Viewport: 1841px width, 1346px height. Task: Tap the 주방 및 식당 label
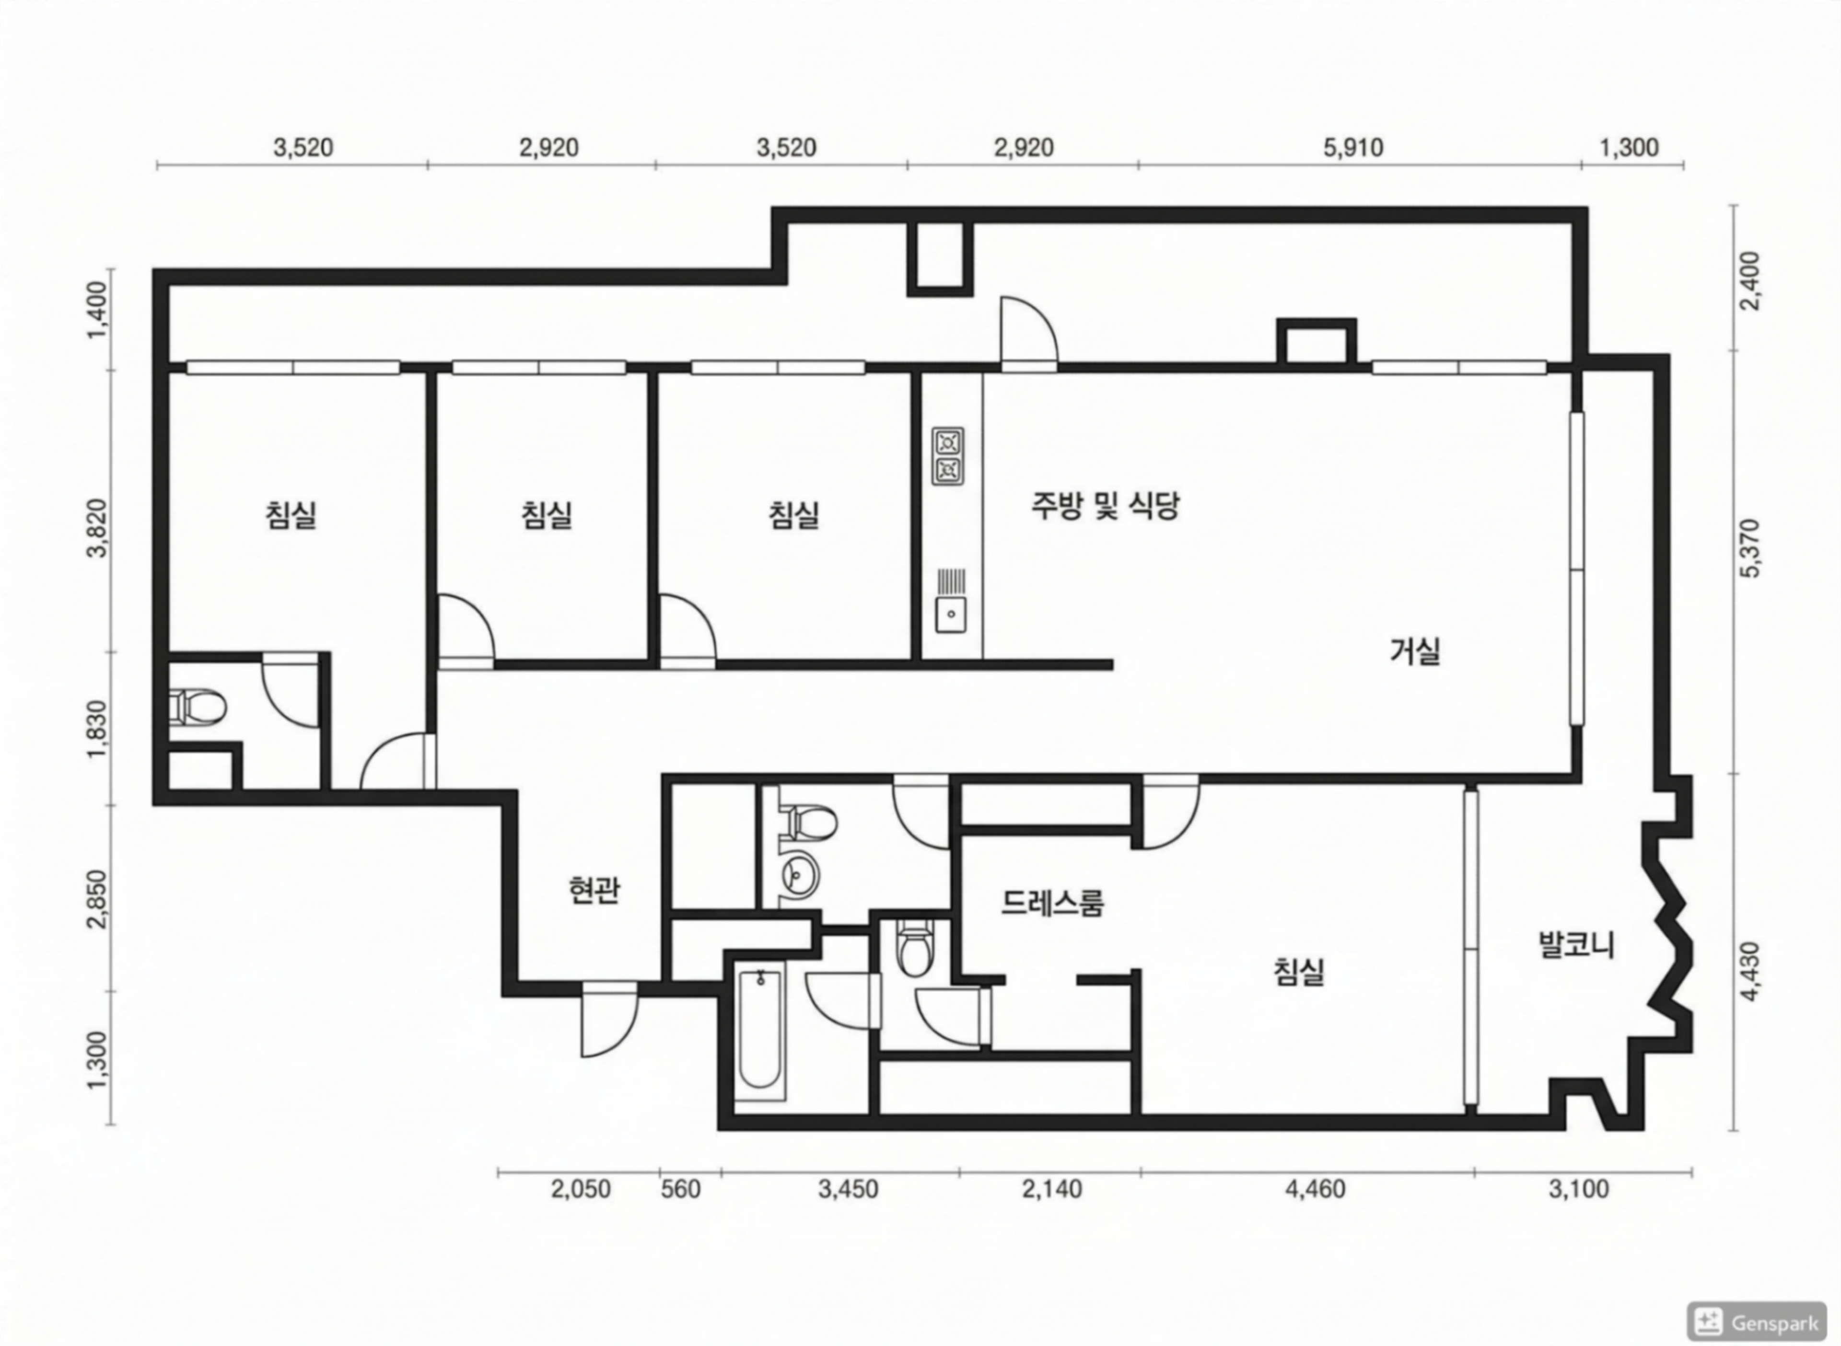click(x=1105, y=506)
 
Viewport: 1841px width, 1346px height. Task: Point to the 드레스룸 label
click(x=1052, y=903)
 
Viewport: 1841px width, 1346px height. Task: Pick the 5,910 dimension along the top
click(x=1353, y=148)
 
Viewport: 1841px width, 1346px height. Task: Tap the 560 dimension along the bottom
click(x=680, y=1190)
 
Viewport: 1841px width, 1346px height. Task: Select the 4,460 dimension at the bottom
click(x=1316, y=1190)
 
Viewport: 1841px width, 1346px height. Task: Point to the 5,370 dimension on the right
click(x=1750, y=547)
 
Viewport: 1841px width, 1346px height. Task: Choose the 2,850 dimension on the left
click(x=97, y=899)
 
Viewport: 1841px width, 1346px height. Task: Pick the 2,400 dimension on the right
click(x=1750, y=280)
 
